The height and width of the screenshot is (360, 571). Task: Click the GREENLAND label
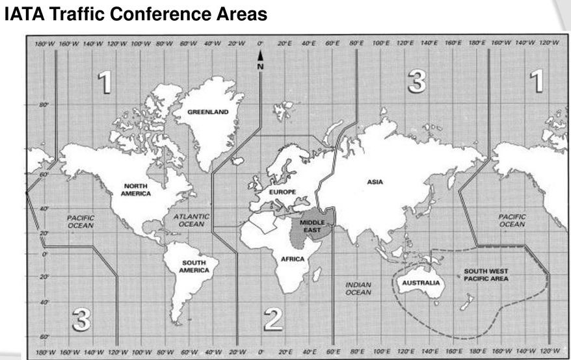pyautogui.click(x=208, y=112)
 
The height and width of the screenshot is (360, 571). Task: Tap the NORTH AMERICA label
pyautogui.click(x=135, y=189)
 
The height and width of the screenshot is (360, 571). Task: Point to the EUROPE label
pyautogui.click(x=282, y=192)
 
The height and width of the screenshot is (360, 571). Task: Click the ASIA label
pyautogui.click(x=375, y=182)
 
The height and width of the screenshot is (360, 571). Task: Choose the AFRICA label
pyautogui.click(x=292, y=259)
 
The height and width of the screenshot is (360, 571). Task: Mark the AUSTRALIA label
pyautogui.click(x=421, y=283)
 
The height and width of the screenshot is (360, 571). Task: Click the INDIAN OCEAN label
pyautogui.click(x=358, y=289)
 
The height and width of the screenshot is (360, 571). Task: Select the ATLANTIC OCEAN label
pyautogui.click(x=191, y=220)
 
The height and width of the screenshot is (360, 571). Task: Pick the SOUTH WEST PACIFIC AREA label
pyautogui.click(x=486, y=274)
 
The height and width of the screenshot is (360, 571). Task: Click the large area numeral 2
pyautogui.click(x=273, y=318)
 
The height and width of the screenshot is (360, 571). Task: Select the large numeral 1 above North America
pyautogui.click(x=104, y=82)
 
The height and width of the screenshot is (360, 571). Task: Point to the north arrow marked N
pyautogui.click(x=260, y=62)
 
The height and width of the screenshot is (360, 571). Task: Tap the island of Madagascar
pyautogui.click(x=317, y=274)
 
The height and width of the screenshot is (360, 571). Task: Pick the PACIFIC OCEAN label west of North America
pyautogui.click(x=81, y=222)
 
